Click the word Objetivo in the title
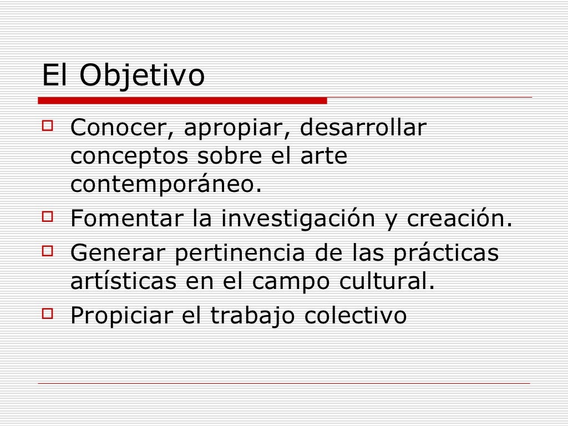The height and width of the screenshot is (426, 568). pyautogui.click(x=142, y=76)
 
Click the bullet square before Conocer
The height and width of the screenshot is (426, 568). pyautogui.click(x=47, y=126)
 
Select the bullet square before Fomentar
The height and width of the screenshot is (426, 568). pyautogui.click(x=47, y=215)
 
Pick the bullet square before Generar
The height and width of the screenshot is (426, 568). pyautogui.click(x=47, y=250)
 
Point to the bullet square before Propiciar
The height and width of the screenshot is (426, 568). pyautogui.click(x=47, y=313)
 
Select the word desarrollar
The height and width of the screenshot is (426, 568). pyautogui.click(x=363, y=129)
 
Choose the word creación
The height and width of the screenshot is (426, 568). pyautogui.click(x=458, y=219)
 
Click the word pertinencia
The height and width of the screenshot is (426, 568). pyautogui.click(x=240, y=254)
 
